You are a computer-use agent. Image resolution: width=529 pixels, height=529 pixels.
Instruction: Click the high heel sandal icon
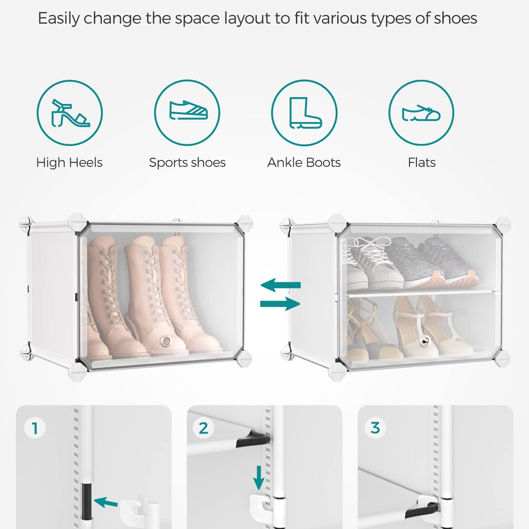(70, 113)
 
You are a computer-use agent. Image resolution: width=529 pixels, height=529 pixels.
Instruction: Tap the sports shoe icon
(188, 110)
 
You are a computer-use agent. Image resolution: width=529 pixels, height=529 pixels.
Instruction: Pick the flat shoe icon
(421, 113)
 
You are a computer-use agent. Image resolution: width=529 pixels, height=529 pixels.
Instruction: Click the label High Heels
(69, 163)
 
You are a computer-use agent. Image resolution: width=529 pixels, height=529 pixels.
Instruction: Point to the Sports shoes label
(187, 163)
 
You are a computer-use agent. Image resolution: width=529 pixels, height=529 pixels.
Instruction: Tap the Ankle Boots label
(304, 163)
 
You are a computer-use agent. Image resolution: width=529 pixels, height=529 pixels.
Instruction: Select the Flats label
(422, 163)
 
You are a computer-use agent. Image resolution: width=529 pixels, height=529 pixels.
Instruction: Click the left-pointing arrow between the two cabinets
(281, 285)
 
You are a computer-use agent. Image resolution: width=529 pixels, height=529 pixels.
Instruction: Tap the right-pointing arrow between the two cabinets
(280, 304)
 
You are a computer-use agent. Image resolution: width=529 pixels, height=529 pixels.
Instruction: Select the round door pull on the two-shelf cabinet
(424, 341)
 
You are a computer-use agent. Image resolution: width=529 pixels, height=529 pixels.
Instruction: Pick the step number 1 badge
(35, 428)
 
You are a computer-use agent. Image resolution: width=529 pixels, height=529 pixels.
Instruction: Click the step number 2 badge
(203, 428)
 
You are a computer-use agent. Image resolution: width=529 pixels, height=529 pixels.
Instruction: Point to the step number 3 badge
(375, 428)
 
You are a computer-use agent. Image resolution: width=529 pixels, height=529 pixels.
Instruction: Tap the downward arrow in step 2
(259, 478)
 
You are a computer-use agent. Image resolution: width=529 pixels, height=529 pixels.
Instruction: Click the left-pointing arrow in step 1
(106, 503)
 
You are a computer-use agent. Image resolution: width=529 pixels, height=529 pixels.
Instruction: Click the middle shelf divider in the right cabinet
(423, 293)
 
